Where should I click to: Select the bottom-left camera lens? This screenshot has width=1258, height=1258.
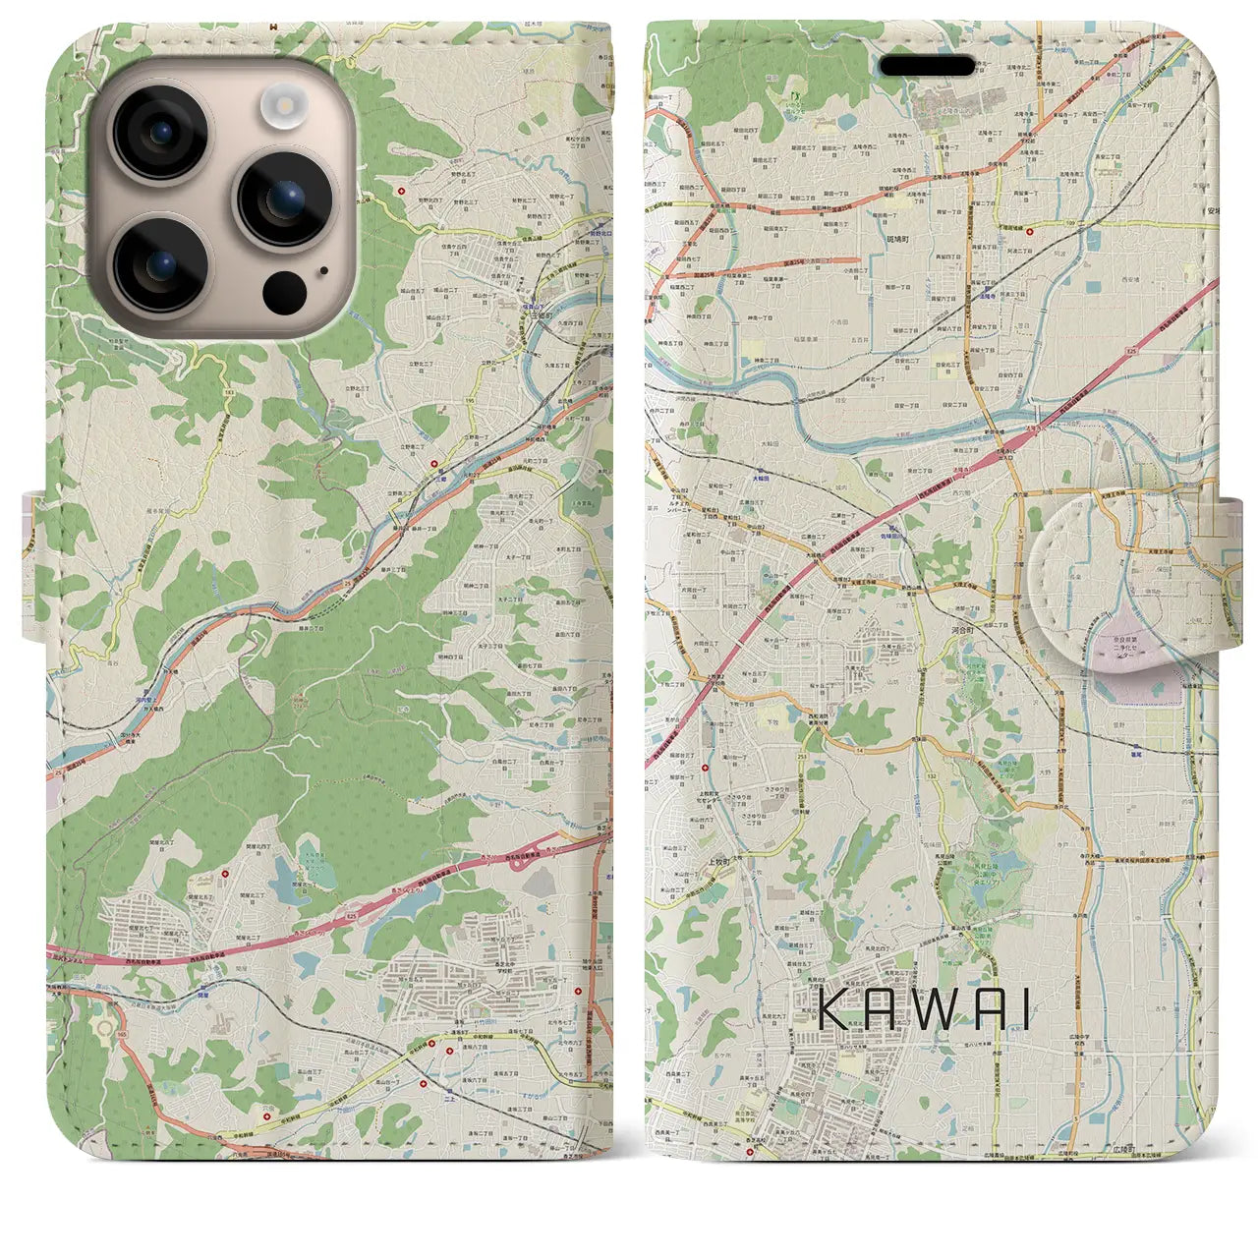158,264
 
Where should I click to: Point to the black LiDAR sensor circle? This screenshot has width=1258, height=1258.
284,290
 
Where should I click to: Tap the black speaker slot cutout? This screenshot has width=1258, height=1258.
927,66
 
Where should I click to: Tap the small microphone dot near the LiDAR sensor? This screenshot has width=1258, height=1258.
322,270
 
